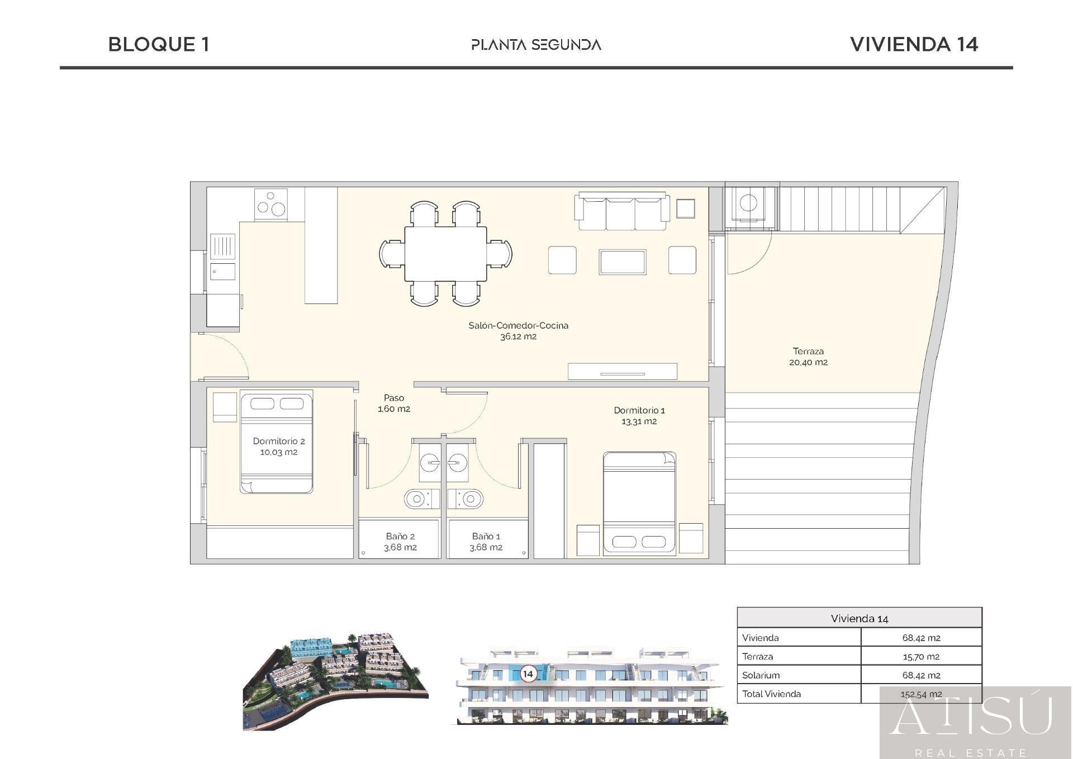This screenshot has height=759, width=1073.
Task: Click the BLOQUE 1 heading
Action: (159, 45)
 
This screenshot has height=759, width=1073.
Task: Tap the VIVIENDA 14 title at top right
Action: (914, 45)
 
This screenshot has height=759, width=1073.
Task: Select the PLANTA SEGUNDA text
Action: (536, 45)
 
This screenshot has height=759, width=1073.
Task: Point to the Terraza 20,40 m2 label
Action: (808, 357)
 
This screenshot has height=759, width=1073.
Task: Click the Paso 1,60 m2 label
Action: (394, 403)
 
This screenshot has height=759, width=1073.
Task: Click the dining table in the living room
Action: (445, 254)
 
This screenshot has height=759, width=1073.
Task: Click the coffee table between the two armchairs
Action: (623, 262)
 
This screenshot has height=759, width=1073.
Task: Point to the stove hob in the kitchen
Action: (271, 204)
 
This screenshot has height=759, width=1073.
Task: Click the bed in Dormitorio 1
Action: (639, 504)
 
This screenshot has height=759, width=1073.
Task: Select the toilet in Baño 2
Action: (419, 499)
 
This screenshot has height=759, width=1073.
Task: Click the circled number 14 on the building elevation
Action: (528, 673)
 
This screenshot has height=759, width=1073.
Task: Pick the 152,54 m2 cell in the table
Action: (921, 694)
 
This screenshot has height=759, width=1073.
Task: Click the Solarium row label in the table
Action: (761, 675)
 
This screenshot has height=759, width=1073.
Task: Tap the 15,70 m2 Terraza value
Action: (921, 657)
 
